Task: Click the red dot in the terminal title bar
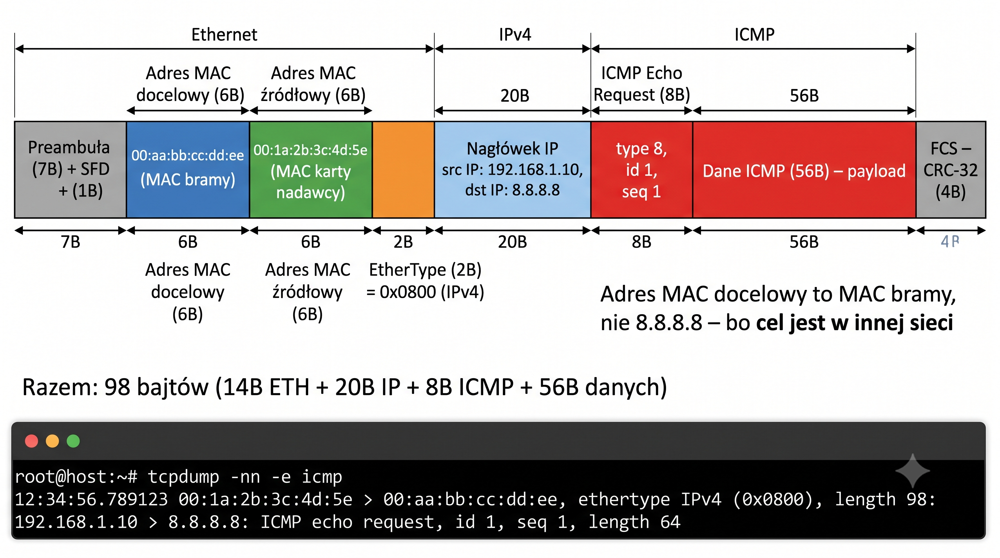(x=32, y=441)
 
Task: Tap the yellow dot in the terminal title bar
(x=52, y=441)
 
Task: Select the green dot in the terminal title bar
(x=73, y=441)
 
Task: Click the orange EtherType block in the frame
(x=403, y=170)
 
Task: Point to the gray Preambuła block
(x=70, y=170)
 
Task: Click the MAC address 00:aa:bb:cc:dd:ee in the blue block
(x=187, y=155)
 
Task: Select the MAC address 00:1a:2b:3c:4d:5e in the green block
(x=311, y=150)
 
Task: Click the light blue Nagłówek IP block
(x=512, y=170)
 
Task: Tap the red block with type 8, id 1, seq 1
(x=642, y=170)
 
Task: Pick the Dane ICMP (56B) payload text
(x=804, y=171)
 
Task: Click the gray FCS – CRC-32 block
(x=951, y=170)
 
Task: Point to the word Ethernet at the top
(x=224, y=35)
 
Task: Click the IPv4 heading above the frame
(x=515, y=35)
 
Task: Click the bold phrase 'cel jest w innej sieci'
(x=854, y=323)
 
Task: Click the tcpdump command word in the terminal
(x=183, y=477)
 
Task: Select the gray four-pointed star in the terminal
(x=912, y=471)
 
